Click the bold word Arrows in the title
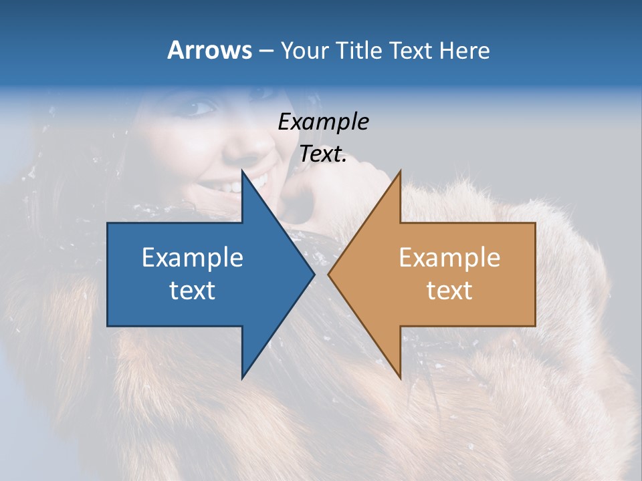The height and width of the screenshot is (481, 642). click(x=209, y=50)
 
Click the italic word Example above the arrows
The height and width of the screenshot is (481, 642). click(x=323, y=122)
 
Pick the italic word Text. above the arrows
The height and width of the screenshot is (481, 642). click(x=323, y=154)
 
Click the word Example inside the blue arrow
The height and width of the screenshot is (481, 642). click(x=192, y=257)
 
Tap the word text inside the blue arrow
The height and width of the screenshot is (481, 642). click(x=192, y=290)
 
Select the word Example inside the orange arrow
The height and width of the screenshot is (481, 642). click(x=449, y=257)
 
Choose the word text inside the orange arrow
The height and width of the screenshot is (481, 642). click(x=449, y=290)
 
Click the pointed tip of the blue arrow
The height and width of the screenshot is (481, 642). click(x=313, y=274)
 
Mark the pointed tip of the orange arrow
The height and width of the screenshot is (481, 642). click(x=329, y=274)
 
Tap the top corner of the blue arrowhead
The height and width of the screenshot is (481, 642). click(x=243, y=172)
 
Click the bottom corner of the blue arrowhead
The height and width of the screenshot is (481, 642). click(x=243, y=377)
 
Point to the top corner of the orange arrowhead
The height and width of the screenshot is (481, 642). click(x=400, y=172)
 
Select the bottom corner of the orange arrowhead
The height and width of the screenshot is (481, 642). click(x=400, y=377)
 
